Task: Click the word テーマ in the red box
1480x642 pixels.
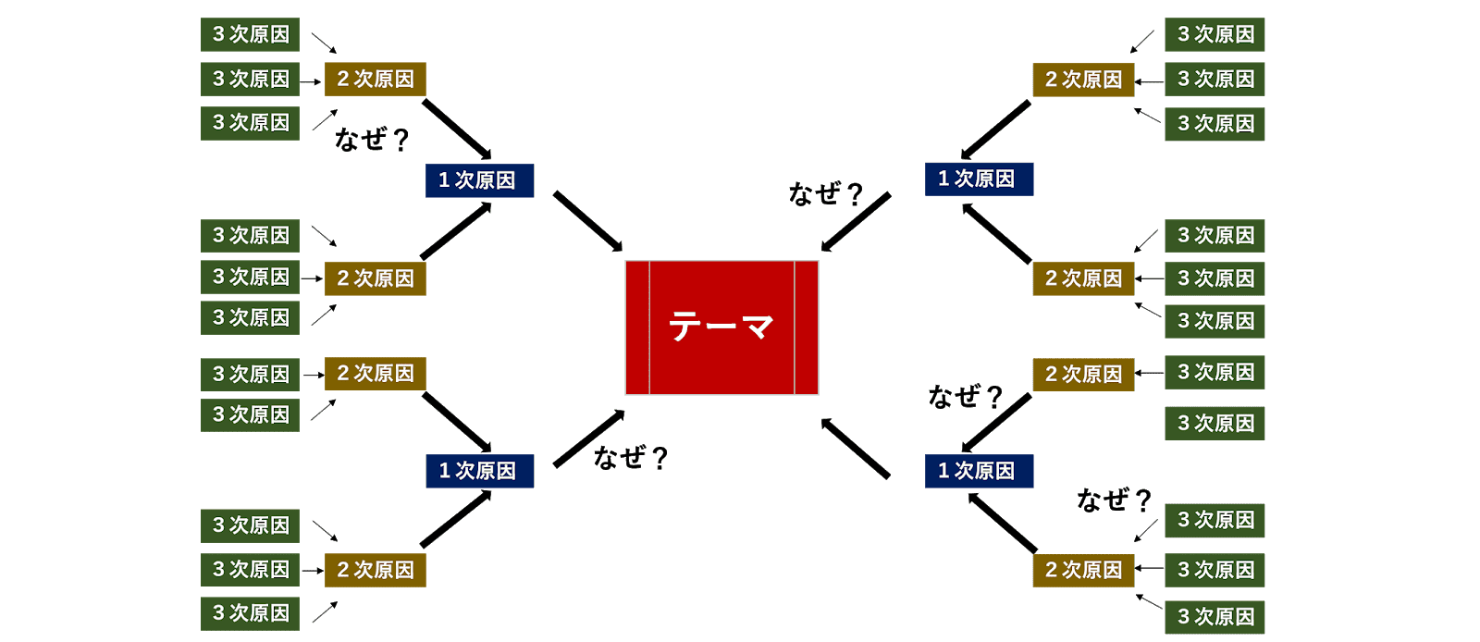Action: coord(721,327)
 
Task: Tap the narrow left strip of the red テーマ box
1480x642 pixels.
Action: coord(637,327)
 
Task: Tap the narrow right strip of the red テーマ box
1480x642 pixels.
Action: coord(807,327)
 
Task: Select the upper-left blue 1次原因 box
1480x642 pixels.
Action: coord(479,180)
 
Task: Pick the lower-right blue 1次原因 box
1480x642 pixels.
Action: coord(979,471)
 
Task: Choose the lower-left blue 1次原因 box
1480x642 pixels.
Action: coord(479,471)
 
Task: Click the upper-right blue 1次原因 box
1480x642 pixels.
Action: coord(979,179)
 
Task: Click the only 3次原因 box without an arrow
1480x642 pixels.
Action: coord(1215,424)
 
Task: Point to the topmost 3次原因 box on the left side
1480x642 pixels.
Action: coord(250,35)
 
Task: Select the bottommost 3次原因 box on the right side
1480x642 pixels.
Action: coord(1215,617)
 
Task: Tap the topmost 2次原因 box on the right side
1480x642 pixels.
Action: coord(1083,80)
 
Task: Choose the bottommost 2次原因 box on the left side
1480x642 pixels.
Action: coord(376,570)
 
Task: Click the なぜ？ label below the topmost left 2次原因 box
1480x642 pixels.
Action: coord(372,140)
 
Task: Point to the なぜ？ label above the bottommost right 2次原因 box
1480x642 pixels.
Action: coord(1114,500)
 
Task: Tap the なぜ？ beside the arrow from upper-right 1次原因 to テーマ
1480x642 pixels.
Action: coord(825,193)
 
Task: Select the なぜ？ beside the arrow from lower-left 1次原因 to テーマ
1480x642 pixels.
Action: coord(630,457)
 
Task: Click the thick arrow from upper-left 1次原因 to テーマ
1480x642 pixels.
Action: coord(588,221)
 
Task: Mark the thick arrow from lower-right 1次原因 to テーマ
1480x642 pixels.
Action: coord(856,449)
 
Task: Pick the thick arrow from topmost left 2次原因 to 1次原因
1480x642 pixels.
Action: coord(457,130)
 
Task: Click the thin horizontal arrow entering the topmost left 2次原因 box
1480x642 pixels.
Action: coord(311,81)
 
